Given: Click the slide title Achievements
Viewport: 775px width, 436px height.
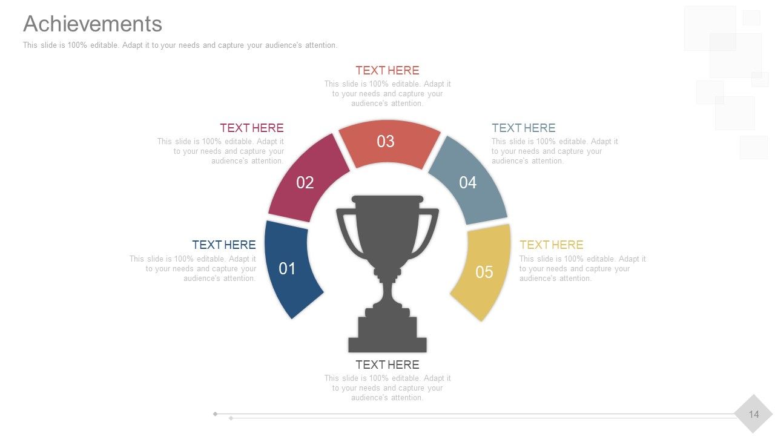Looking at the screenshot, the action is [x=93, y=24].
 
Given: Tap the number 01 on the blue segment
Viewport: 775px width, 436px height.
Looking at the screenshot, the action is [x=287, y=268].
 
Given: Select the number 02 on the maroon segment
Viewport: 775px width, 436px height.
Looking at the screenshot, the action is [x=305, y=182].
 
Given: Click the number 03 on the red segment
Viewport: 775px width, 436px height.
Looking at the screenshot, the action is [x=386, y=141].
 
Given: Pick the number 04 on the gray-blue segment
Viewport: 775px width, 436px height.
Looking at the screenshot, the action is [x=468, y=182].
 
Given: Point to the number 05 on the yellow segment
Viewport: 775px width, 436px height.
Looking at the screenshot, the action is [x=484, y=272].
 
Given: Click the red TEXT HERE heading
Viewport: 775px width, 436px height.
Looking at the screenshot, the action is [x=387, y=70].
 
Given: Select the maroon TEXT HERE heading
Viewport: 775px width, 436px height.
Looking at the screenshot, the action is [x=252, y=128].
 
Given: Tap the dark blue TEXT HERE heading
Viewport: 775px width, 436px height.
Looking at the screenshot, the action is [x=224, y=245].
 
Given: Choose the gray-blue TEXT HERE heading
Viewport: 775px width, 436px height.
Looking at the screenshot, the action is [x=524, y=128].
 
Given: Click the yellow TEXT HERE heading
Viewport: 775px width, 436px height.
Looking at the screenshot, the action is [x=552, y=245].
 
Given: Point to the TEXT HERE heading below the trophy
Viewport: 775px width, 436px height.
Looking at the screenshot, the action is [x=387, y=365].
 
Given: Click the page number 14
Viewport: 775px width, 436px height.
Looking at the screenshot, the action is [x=754, y=414].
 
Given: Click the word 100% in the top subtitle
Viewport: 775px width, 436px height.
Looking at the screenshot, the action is [x=77, y=45].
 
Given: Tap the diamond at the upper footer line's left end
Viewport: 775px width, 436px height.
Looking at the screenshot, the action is [x=215, y=414].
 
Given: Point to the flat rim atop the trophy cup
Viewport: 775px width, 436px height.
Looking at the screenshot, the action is [x=387, y=199].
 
